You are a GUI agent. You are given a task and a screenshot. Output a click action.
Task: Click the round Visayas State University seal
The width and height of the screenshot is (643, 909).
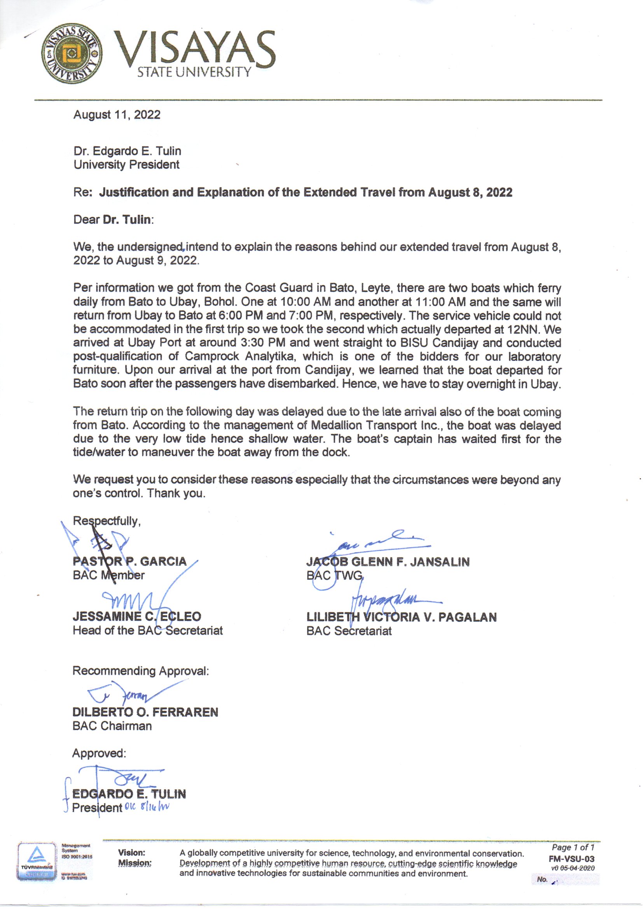pos(72,53)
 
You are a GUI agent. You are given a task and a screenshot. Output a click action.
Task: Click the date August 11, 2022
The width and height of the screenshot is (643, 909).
pos(117,115)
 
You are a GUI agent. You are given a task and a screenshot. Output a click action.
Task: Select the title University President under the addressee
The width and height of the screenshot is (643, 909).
pos(126,165)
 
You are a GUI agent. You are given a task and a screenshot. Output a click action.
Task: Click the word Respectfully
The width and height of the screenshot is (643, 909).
pos(106,521)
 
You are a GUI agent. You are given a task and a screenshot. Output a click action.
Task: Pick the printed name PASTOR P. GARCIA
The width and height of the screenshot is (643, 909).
pos(129,561)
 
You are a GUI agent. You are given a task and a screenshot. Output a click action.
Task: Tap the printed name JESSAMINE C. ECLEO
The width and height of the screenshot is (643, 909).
pos(136,616)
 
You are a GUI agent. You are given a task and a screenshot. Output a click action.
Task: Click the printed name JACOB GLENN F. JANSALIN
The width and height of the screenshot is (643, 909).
pos(388,562)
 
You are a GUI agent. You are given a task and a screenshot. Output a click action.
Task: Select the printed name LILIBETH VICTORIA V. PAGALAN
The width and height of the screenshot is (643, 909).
pos(401,617)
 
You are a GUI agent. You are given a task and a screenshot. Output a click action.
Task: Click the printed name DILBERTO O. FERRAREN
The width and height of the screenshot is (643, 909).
pos(145,712)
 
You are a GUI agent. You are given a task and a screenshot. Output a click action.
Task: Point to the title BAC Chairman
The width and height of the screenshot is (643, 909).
pos(112,726)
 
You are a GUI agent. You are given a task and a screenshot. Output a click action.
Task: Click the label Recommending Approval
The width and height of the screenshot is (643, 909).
pos(140,671)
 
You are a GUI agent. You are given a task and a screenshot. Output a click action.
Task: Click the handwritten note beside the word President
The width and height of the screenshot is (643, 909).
pos(147,807)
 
